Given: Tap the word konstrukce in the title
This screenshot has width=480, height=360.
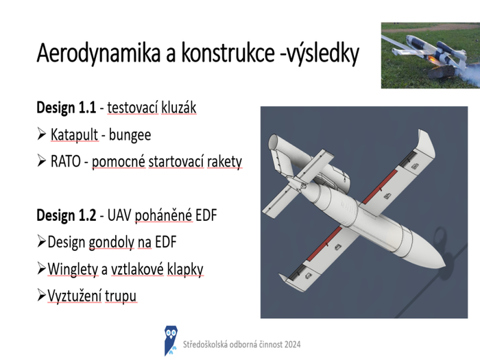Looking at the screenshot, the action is pyautogui.click(x=228, y=52).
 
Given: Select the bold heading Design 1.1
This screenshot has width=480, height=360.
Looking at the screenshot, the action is pyautogui.click(x=66, y=108).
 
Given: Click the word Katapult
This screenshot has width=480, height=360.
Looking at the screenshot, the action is pyautogui.click(x=74, y=134).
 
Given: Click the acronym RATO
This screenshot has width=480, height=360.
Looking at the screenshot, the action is pyautogui.click(x=66, y=161).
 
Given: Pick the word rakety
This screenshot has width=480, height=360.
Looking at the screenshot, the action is pyautogui.click(x=224, y=162).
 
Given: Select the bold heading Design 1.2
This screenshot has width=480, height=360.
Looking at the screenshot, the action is pyautogui.click(x=66, y=215).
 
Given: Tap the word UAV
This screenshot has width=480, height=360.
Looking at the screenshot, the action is pyautogui.click(x=119, y=215).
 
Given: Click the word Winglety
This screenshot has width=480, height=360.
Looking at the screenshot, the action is pyautogui.click(x=73, y=269).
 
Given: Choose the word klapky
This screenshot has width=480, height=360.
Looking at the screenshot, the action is pyautogui.click(x=185, y=269).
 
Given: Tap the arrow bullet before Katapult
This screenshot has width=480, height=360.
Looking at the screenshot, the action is pyautogui.click(x=41, y=134).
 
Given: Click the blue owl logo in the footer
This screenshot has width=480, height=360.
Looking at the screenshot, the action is pyautogui.click(x=171, y=340).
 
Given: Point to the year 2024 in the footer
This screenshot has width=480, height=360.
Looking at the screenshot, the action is pyautogui.click(x=292, y=344).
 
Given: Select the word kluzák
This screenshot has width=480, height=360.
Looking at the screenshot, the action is pyautogui.click(x=178, y=108).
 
